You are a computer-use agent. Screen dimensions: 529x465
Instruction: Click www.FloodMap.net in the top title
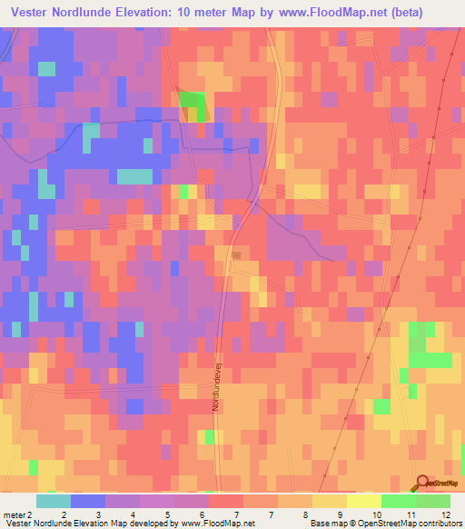pos(351,14)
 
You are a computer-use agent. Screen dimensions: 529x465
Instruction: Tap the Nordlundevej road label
pos(216,387)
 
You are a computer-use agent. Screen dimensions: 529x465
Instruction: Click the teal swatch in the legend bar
pos(54,501)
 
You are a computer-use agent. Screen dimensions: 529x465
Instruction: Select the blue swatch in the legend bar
pos(88,501)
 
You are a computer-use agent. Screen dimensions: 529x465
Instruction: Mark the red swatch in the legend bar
pos(226,501)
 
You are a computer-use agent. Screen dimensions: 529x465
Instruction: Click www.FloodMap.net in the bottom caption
pos(215,523)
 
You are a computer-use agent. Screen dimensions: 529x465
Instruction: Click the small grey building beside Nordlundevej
pos(237,255)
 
